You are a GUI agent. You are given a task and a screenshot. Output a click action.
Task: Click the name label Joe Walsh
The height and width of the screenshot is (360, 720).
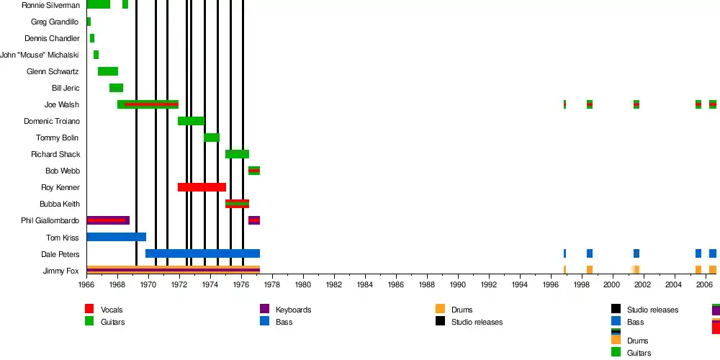tap(62, 104)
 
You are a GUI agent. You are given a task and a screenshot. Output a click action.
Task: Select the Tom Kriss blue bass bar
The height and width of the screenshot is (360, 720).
tap(116, 237)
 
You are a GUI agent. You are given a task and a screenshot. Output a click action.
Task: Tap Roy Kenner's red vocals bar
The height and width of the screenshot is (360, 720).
tap(202, 187)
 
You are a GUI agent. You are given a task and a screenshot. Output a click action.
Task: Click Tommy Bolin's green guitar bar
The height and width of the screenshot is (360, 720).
tap(212, 138)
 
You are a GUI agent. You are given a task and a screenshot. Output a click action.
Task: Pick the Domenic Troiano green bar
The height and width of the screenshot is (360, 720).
tap(191, 121)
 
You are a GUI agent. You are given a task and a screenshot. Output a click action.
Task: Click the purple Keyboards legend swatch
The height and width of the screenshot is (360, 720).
tap(264, 310)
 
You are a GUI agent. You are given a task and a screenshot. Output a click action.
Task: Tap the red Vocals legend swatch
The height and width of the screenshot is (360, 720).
tap(89, 310)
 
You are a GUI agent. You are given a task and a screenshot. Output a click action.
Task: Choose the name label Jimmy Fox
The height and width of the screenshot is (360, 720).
tap(61, 271)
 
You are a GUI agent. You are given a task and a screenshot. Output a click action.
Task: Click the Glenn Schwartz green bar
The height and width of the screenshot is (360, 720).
tap(108, 71)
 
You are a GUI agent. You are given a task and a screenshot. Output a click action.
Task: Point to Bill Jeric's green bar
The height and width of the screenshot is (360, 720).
tap(116, 88)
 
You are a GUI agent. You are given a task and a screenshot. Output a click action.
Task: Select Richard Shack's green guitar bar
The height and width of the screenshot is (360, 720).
tap(237, 154)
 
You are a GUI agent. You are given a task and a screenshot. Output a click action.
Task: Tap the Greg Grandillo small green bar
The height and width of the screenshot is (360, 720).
tap(89, 22)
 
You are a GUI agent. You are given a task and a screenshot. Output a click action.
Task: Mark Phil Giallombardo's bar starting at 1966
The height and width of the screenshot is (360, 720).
tap(108, 220)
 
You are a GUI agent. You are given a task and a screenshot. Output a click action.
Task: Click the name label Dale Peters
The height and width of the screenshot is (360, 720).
tap(60, 254)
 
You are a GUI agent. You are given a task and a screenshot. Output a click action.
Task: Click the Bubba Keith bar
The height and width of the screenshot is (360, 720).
tap(237, 204)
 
